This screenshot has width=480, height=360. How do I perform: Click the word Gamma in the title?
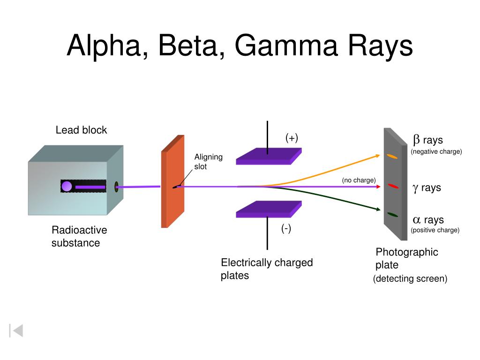[x=286, y=45]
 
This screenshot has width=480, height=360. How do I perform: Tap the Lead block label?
[x=81, y=130]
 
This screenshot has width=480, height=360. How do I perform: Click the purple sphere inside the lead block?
[x=67, y=186]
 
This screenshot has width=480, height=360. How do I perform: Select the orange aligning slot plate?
[x=172, y=181]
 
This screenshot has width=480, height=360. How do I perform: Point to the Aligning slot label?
[x=208, y=162]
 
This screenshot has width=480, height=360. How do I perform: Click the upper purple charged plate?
[x=269, y=156]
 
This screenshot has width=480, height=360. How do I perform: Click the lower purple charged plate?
[x=269, y=209]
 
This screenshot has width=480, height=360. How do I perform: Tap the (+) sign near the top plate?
[x=292, y=138]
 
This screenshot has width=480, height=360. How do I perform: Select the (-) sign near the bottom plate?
[x=286, y=228]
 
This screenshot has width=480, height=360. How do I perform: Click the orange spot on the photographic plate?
[x=392, y=157]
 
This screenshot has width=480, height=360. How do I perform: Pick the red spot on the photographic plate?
[x=393, y=186]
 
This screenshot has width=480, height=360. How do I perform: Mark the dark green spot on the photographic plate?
[x=392, y=215]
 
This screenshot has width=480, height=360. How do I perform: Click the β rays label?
[x=427, y=140]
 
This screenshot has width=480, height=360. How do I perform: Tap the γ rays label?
[x=427, y=187]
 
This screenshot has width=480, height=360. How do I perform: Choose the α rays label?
[x=428, y=219]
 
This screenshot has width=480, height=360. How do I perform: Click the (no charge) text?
[x=359, y=180]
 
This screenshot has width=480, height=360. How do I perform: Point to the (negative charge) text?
[x=436, y=151]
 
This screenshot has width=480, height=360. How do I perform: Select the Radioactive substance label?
[x=79, y=236]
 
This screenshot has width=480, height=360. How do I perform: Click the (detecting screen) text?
[x=410, y=278]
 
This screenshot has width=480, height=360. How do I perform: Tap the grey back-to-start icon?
[x=16, y=330]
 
